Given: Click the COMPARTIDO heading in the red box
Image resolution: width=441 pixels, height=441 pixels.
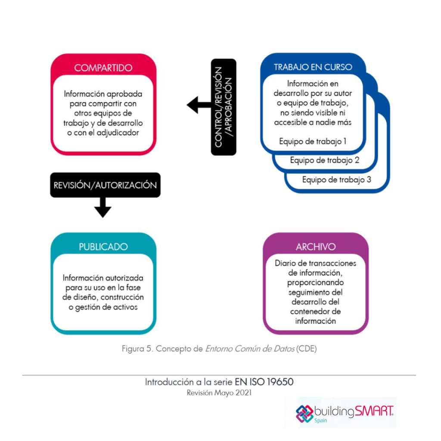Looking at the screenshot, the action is (x=103, y=68).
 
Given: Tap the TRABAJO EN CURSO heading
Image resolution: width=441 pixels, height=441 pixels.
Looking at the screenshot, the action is (x=313, y=67).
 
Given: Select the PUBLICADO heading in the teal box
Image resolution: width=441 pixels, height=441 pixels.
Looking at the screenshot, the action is (x=103, y=247).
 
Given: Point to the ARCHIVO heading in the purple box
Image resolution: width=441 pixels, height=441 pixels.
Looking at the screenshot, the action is (x=316, y=247).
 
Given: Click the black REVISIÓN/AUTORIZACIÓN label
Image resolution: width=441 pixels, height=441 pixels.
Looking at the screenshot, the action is (x=105, y=185).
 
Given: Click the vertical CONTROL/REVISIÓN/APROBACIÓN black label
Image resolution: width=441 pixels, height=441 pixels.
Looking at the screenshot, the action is (x=224, y=107).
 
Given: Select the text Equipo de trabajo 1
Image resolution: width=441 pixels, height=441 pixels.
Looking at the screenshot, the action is (x=313, y=141).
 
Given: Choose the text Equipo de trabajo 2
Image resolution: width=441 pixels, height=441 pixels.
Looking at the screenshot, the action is (x=325, y=160).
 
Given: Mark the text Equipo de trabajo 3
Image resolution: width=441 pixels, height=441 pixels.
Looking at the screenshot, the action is (x=337, y=180).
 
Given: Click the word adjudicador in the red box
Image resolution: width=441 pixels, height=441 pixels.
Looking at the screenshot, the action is (x=118, y=133).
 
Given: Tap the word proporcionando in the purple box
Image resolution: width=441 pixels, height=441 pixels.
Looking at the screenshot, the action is (x=315, y=283).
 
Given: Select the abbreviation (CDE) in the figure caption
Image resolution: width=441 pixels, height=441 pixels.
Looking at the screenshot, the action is (x=306, y=349).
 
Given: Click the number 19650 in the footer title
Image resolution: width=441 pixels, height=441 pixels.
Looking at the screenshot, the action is (x=280, y=382).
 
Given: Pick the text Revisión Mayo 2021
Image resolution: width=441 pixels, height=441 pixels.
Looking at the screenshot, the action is (x=219, y=393).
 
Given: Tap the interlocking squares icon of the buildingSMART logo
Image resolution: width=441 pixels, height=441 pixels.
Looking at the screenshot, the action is (x=304, y=414).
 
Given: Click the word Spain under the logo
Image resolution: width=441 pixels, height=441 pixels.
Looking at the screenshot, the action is (x=320, y=421).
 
